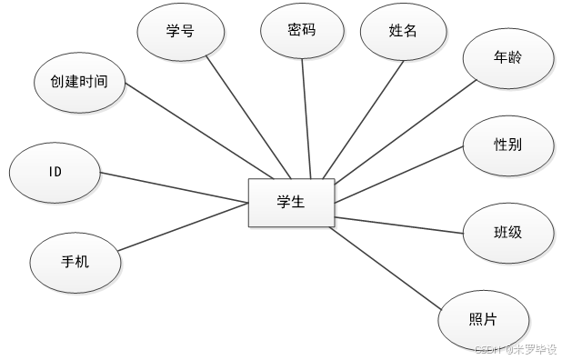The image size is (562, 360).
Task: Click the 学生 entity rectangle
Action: [291, 202]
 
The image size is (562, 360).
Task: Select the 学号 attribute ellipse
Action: [180, 31]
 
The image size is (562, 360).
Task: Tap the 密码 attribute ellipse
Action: [301, 31]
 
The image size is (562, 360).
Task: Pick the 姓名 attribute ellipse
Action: [403, 31]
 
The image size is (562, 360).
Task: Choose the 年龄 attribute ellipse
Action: [508, 58]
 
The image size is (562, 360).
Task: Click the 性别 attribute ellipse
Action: [507, 145]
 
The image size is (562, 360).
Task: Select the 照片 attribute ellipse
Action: [483, 319]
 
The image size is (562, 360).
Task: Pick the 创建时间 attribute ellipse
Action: [79, 81]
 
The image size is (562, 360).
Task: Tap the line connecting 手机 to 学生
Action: [182, 226]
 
